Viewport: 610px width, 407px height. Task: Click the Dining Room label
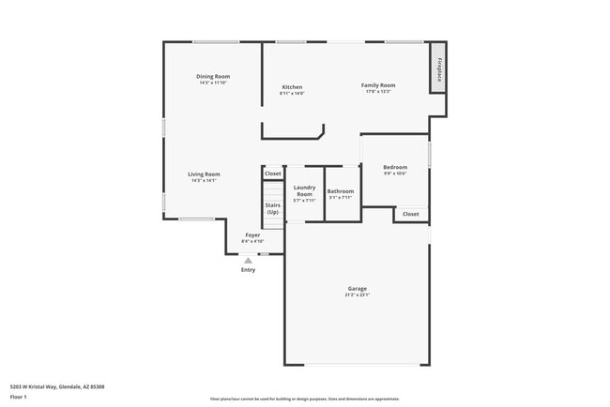pyautogui.click(x=213, y=76)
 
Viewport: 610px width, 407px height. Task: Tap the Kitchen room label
pyautogui.click(x=292, y=87)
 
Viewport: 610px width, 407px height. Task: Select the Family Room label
pyautogui.click(x=378, y=85)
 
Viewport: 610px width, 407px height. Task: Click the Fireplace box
pyautogui.click(x=436, y=68)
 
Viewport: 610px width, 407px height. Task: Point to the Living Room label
pyautogui.click(x=204, y=173)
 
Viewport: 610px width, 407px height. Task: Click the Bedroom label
pyautogui.click(x=395, y=167)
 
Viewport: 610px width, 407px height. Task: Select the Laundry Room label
pyautogui.click(x=304, y=190)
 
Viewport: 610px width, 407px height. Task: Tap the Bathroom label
pyautogui.click(x=340, y=191)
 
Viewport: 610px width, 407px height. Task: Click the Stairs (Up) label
pyautogui.click(x=272, y=208)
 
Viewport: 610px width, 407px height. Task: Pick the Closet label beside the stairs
pyautogui.click(x=272, y=173)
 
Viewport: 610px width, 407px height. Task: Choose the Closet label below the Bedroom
pyautogui.click(x=411, y=214)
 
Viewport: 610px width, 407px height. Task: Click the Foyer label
pyautogui.click(x=252, y=234)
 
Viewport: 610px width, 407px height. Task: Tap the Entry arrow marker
pyautogui.click(x=248, y=261)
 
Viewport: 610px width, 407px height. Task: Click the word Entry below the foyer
pyautogui.click(x=248, y=270)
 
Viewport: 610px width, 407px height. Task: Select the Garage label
pyautogui.click(x=357, y=288)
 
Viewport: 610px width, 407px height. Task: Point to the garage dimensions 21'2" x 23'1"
pyautogui.click(x=357, y=295)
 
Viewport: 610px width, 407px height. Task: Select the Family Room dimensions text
pyautogui.click(x=378, y=92)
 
